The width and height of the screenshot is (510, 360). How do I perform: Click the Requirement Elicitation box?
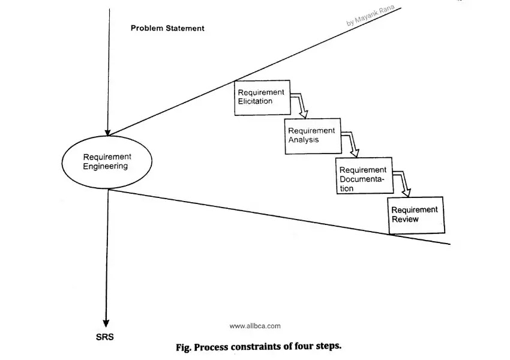[262, 97]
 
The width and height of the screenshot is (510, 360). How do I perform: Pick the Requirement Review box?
[416, 215]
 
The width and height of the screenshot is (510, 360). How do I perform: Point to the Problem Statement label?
[167, 28]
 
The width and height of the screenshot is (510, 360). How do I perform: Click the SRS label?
[104, 337]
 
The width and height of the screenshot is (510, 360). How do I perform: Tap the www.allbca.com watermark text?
[255, 326]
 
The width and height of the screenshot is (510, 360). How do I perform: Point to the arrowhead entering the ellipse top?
[108, 131]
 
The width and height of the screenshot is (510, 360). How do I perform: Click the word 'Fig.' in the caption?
[183, 347]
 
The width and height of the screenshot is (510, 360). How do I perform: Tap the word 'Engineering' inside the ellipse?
[106, 166]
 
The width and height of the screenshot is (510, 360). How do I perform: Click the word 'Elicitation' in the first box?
[255, 101]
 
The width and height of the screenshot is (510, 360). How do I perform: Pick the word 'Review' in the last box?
[405, 219]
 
